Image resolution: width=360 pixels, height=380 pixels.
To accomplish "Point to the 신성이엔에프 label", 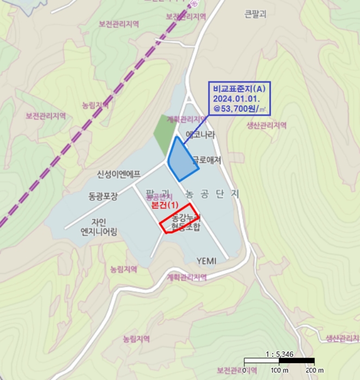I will pyautogui.click(x=119, y=174).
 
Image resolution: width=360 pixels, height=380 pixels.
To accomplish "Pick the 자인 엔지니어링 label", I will pyautogui.click(x=99, y=226).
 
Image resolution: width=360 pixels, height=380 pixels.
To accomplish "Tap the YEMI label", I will pyautogui.click(x=206, y=261).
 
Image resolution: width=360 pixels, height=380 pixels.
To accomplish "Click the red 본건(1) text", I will pyautogui.click(x=164, y=206).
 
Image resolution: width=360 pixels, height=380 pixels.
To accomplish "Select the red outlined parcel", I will pyautogui.click(x=179, y=218).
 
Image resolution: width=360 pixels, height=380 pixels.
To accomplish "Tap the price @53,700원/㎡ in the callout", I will pyautogui.click(x=239, y=109).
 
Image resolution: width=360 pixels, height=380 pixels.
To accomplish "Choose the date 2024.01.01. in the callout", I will pyautogui.click(x=236, y=100).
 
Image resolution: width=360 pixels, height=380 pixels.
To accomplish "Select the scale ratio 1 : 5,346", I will pyautogui.click(x=280, y=354).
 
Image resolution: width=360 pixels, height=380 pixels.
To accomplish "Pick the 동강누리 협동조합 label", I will pyautogui.click(x=182, y=223).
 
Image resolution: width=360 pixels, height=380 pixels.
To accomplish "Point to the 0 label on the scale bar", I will pyautogui.click(x=245, y=370).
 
